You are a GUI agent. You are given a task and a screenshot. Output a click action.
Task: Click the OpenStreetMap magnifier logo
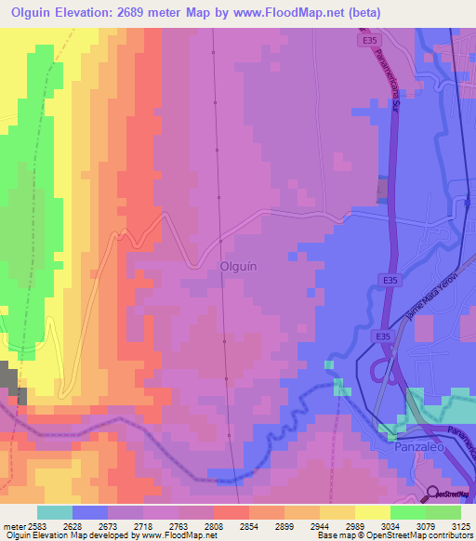click(433, 494)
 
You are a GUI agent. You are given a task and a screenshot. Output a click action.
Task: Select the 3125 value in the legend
click(460, 525)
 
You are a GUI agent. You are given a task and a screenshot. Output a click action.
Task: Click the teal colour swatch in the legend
click(55, 512)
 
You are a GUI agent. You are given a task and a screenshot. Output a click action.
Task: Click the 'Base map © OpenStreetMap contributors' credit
click(394, 535)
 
